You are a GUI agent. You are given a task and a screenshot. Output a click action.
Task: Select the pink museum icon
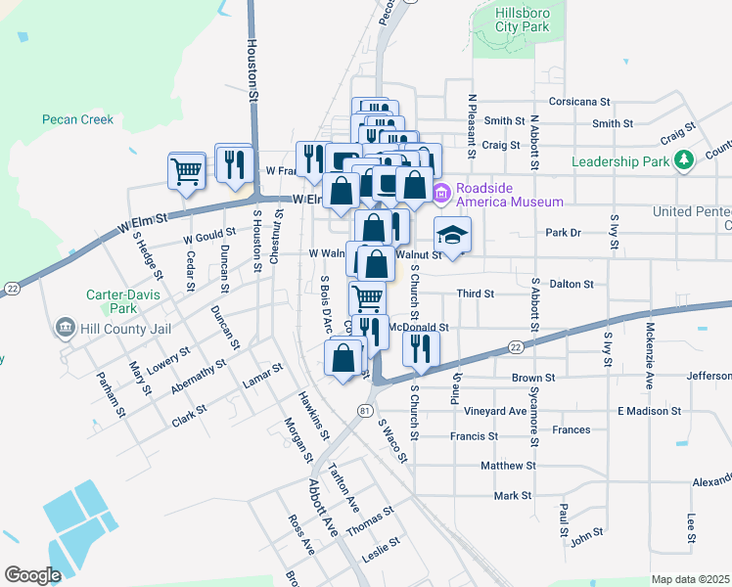click(x=440, y=195)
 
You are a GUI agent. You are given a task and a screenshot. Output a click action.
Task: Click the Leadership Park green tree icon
click(x=686, y=159)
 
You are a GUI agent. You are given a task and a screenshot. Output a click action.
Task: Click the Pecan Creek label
click(x=77, y=120)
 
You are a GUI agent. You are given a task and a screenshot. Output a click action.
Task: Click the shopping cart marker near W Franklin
click(x=186, y=169)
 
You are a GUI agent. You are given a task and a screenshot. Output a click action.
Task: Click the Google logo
click(x=32, y=574)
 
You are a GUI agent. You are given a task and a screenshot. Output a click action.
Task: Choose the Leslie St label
click(x=381, y=546)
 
